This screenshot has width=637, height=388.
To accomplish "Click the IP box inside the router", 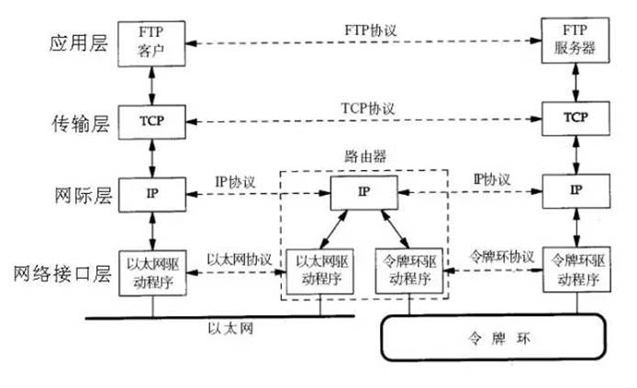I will coord(365,192).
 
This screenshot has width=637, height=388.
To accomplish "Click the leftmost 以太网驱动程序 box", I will coord(151,272).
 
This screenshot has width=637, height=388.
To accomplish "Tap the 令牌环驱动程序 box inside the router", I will coord(411,271).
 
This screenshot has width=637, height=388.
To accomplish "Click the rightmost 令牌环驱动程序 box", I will coord(575,270).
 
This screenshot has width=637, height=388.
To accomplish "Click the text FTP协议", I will coord(365,29).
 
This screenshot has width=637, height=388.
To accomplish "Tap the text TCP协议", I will coord(365,108).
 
